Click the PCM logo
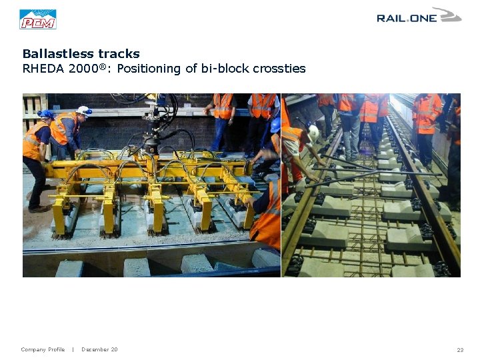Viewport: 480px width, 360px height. pyautogui.click(x=38, y=19)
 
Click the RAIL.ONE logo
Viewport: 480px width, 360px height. pyautogui.click(x=419, y=16)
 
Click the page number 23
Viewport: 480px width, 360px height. pyautogui.click(x=460, y=350)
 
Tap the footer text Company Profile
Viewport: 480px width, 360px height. pyautogui.click(x=43, y=350)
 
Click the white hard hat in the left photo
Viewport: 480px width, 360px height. pyautogui.click(x=84, y=111)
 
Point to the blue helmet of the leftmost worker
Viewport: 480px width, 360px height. pyautogui.click(x=45, y=114)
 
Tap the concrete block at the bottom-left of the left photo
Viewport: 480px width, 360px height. pyautogui.click(x=69, y=268)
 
